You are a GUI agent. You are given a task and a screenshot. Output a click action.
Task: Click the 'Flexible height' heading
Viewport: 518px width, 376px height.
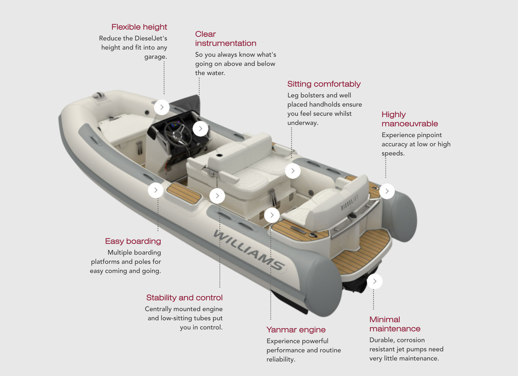[x=139, y=27]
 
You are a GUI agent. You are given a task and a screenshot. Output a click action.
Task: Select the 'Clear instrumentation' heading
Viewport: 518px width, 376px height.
[x=226, y=38]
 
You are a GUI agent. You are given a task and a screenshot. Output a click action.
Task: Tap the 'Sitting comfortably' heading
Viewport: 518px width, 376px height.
[x=324, y=84]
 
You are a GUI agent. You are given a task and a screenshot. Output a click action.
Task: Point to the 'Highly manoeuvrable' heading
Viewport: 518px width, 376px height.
[x=410, y=119]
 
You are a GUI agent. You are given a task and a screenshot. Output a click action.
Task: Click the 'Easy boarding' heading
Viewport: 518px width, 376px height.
[x=133, y=241]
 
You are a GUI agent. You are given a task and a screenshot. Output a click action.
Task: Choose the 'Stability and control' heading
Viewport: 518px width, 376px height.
[x=184, y=297]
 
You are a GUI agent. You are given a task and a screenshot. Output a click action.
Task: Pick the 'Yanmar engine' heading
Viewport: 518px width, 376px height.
[x=296, y=330]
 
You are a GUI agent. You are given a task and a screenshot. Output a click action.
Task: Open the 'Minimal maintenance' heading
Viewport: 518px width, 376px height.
[x=395, y=324]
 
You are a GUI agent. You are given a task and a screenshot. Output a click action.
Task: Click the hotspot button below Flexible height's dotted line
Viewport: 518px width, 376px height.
[x=162, y=107]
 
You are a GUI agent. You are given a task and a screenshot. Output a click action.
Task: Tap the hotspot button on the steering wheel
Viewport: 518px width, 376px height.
[x=200, y=129]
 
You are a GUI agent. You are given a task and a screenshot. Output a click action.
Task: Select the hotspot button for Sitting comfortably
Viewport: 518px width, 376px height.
[x=293, y=171]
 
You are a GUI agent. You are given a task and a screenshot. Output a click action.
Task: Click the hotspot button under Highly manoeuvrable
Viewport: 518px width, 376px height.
[x=387, y=191]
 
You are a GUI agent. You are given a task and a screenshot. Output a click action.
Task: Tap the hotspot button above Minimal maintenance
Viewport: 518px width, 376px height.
[x=375, y=281]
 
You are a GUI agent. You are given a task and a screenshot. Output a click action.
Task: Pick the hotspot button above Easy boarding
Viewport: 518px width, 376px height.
[x=156, y=190]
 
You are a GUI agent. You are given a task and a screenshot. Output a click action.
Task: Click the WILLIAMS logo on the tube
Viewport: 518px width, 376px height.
[x=248, y=250]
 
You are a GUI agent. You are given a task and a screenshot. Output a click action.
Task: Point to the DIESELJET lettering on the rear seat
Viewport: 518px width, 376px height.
[x=350, y=202]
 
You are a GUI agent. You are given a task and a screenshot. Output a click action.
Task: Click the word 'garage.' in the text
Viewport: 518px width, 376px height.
[x=156, y=57]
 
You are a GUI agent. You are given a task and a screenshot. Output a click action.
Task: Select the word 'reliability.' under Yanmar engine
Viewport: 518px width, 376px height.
[x=281, y=359]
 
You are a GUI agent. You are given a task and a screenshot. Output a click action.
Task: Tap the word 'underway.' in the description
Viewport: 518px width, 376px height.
[x=303, y=123]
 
